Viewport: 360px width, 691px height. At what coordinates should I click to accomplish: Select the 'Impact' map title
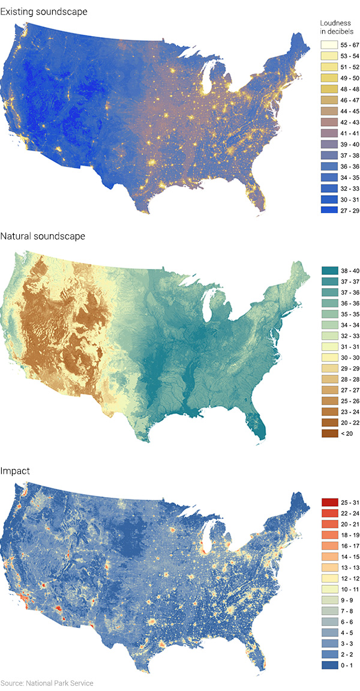(16, 472)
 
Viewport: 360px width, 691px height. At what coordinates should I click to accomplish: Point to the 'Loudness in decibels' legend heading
(337, 27)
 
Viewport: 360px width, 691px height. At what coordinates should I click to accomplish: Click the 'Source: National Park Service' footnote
(47, 683)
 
